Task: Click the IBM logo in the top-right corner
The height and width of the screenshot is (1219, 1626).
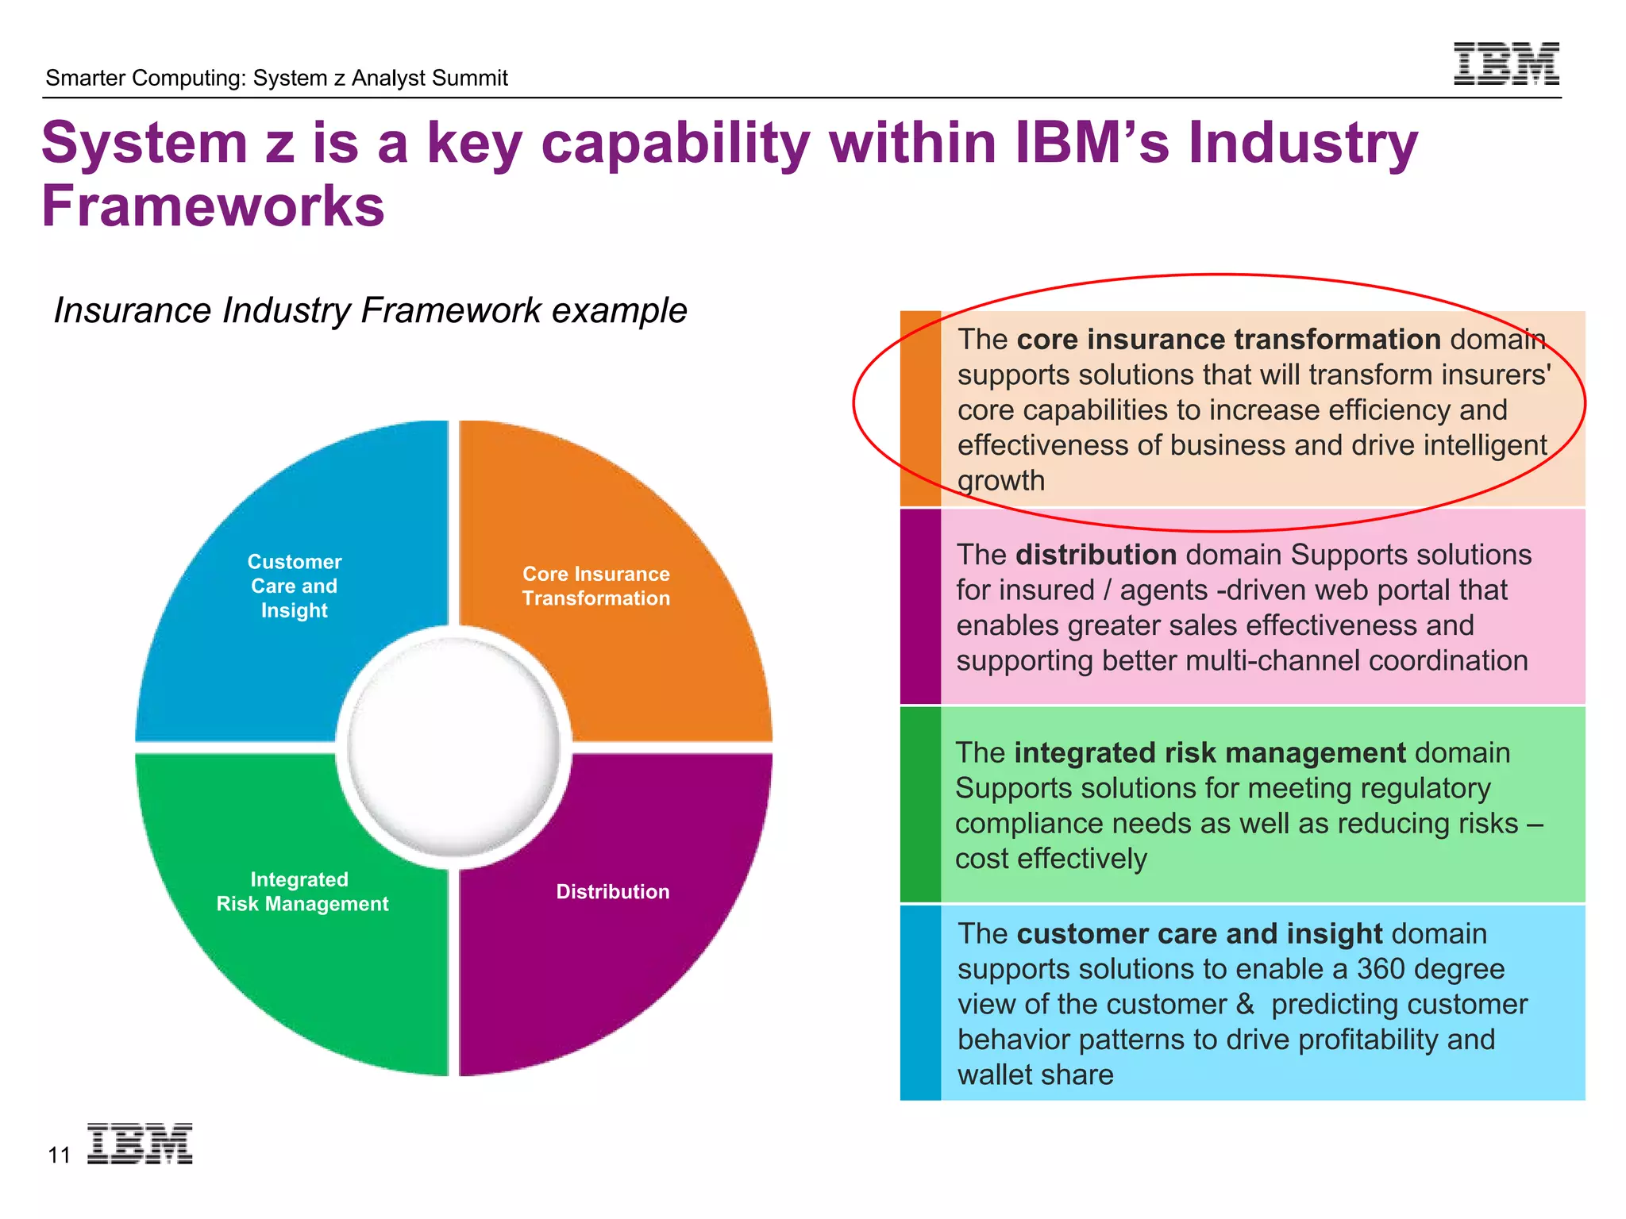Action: [1505, 63]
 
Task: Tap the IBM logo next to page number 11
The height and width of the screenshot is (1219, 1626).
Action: [140, 1144]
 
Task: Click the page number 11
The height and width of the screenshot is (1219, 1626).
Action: [60, 1156]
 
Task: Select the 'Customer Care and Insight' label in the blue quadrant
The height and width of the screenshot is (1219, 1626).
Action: [295, 586]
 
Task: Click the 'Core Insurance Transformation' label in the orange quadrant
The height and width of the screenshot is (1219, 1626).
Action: [596, 586]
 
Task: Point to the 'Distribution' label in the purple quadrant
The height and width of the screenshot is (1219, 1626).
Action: [613, 892]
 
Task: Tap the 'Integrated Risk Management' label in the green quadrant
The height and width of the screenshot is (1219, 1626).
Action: [302, 892]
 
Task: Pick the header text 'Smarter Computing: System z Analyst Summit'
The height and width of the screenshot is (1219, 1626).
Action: [276, 78]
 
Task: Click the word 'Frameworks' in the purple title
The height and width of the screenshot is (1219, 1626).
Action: [213, 206]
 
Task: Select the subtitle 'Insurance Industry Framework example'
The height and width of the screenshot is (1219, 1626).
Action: [370, 310]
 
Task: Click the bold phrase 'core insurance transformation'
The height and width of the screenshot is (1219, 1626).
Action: [1228, 340]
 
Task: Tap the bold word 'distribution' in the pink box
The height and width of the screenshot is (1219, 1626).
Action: [1096, 555]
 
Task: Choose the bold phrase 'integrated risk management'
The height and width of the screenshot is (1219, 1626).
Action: [1209, 752]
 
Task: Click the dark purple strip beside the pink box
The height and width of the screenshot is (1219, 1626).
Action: [920, 606]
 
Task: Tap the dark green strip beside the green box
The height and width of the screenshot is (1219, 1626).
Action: [920, 804]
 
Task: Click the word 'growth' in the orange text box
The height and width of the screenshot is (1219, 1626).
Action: [1001, 481]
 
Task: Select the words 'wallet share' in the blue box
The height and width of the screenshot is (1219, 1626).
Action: [1035, 1075]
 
